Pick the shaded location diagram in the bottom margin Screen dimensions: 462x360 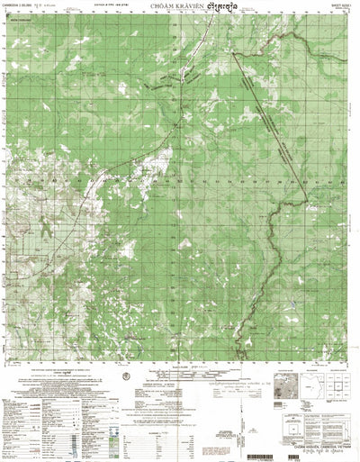(x=293, y=369)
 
